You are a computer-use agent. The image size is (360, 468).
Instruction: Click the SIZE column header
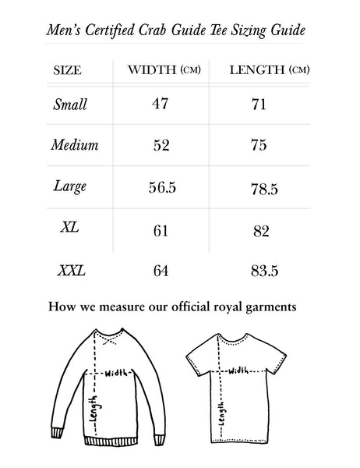pos(67,71)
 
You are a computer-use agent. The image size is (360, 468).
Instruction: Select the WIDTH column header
pos(164,71)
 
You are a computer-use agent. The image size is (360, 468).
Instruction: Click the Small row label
pos(71,104)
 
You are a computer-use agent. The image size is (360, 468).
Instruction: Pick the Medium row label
pos(74,145)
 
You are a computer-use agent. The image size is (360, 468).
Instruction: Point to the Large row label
pos(70,186)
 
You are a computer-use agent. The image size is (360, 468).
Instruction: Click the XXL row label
pos(72,271)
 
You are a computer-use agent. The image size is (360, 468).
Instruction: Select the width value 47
pos(160,104)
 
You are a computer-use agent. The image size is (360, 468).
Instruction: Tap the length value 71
pos(259,104)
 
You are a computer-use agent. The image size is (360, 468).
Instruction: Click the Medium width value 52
pos(160,145)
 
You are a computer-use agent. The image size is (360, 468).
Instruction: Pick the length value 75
pos(259,145)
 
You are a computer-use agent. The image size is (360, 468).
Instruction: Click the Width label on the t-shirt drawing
pos(238,370)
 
